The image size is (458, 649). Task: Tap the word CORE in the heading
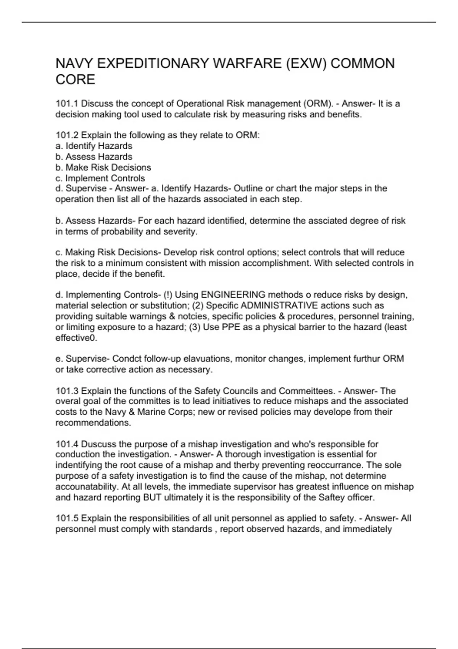pyautogui.click(x=75, y=80)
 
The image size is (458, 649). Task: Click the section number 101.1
pyautogui.click(x=67, y=103)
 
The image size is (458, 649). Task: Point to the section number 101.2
pyautogui.click(x=67, y=135)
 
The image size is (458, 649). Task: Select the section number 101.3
pyautogui.click(x=67, y=391)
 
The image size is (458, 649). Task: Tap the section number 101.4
pyautogui.click(x=67, y=444)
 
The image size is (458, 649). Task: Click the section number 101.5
pyautogui.click(x=67, y=518)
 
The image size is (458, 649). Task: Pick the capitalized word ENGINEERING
pyautogui.click(x=233, y=295)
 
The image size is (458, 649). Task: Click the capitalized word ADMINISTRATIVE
pyautogui.click(x=279, y=305)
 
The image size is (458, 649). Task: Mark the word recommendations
pyautogui.click(x=93, y=423)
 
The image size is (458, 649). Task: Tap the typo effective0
pyautogui.click(x=76, y=338)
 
